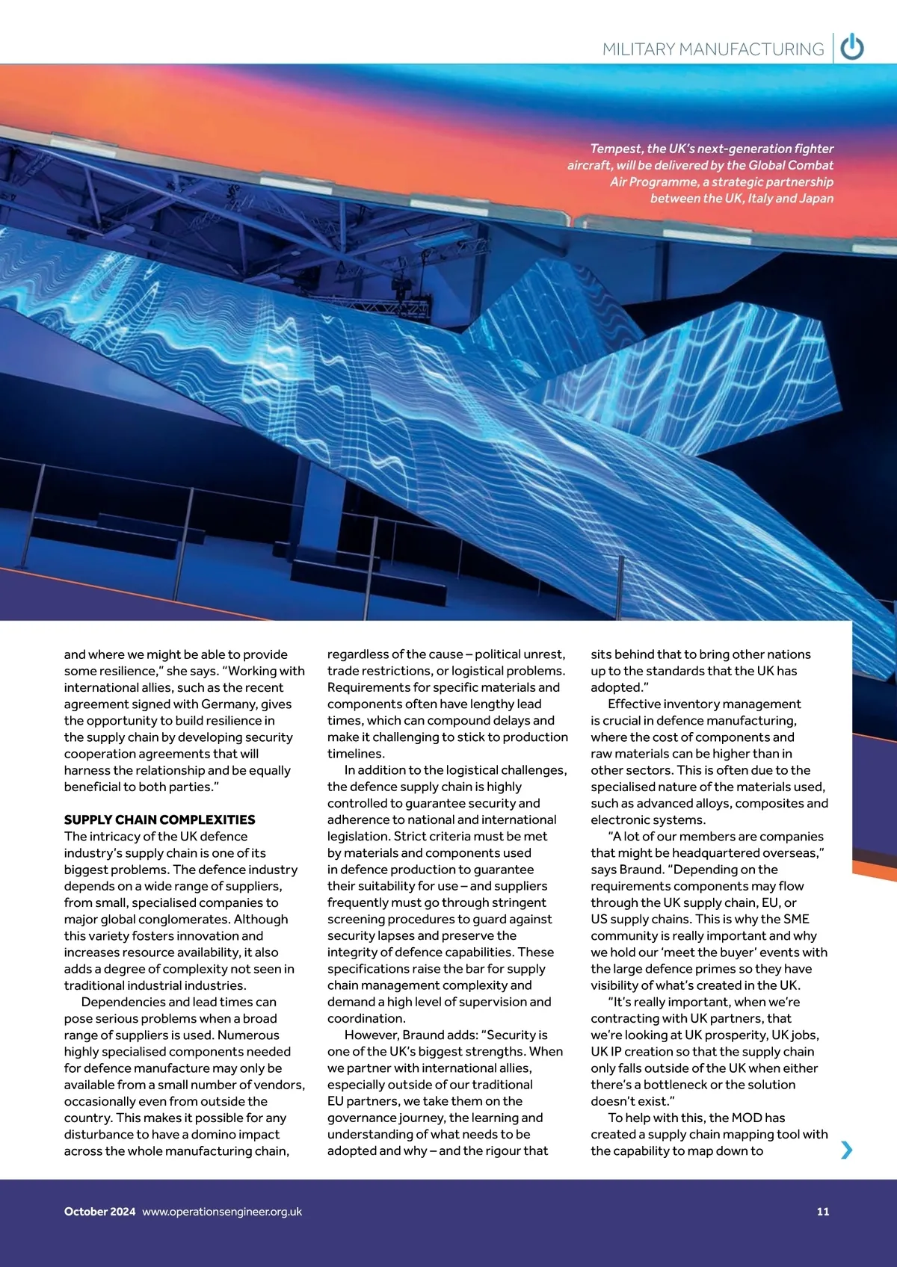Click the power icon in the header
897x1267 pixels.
coord(852,48)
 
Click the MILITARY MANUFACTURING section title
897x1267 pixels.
coord(712,49)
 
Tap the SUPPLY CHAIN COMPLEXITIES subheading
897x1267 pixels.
coord(159,820)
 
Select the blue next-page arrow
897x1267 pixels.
coord(846,1150)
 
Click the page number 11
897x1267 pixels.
coord(823,1212)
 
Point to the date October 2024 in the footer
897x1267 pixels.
coord(99,1212)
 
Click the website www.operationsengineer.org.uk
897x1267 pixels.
coord(222,1212)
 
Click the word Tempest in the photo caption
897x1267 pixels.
coord(615,149)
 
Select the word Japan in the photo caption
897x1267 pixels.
coord(816,198)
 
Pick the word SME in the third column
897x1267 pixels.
coord(796,919)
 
